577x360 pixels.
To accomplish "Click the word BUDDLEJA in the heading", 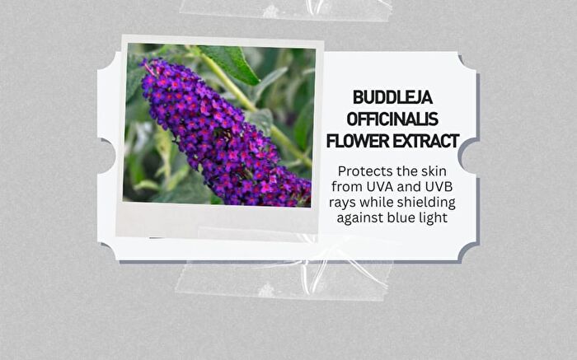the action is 392,97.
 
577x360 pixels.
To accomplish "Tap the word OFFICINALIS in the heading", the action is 392,119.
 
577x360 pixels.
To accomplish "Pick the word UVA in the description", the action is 381,187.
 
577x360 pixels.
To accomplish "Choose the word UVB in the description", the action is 439,187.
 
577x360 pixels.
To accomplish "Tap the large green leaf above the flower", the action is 230,63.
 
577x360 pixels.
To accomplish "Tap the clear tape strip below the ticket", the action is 284,279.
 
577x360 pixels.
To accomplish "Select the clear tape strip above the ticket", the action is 285,10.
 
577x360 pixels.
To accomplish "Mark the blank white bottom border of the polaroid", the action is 217,221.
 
